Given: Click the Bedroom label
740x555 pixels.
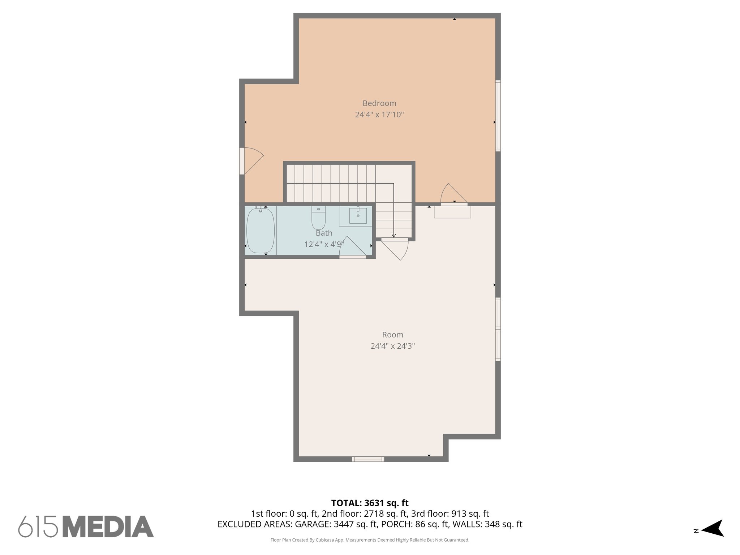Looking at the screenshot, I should click(x=379, y=103).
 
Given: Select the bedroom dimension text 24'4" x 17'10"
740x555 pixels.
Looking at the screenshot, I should click(x=379, y=115).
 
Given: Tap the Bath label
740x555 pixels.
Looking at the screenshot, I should click(x=324, y=233).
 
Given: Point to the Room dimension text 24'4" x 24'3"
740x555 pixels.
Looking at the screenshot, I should click(x=392, y=346).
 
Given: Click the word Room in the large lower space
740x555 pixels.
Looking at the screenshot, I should click(x=392, y=335).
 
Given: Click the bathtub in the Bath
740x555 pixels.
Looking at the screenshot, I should click(x=260, y=230).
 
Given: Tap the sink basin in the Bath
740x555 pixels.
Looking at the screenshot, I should click(x=358, y=216).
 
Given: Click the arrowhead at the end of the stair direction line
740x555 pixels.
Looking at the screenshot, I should click(x=393, y=236).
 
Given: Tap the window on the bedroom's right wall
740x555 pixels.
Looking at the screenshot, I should click(x=498, y=115).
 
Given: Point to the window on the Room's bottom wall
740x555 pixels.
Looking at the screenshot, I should click(x=368, y=459).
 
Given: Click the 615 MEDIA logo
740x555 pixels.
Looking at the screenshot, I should click(x=86, y=526).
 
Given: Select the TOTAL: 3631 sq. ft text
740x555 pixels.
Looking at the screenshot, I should click(x=370, y=503).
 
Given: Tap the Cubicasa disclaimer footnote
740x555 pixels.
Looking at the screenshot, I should click(x=370, y=540).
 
